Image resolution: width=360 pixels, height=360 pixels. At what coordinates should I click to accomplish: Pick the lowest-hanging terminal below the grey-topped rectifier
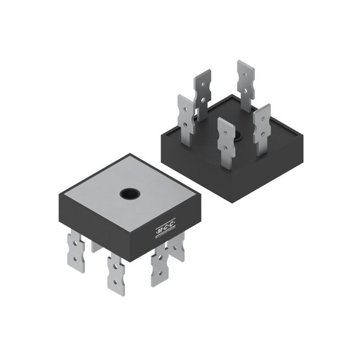tap(116, 272)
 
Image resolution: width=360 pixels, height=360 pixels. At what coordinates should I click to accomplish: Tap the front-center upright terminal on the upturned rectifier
tap(226, 143)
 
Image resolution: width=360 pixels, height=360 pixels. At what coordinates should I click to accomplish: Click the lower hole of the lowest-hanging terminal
tap(116, 281)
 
